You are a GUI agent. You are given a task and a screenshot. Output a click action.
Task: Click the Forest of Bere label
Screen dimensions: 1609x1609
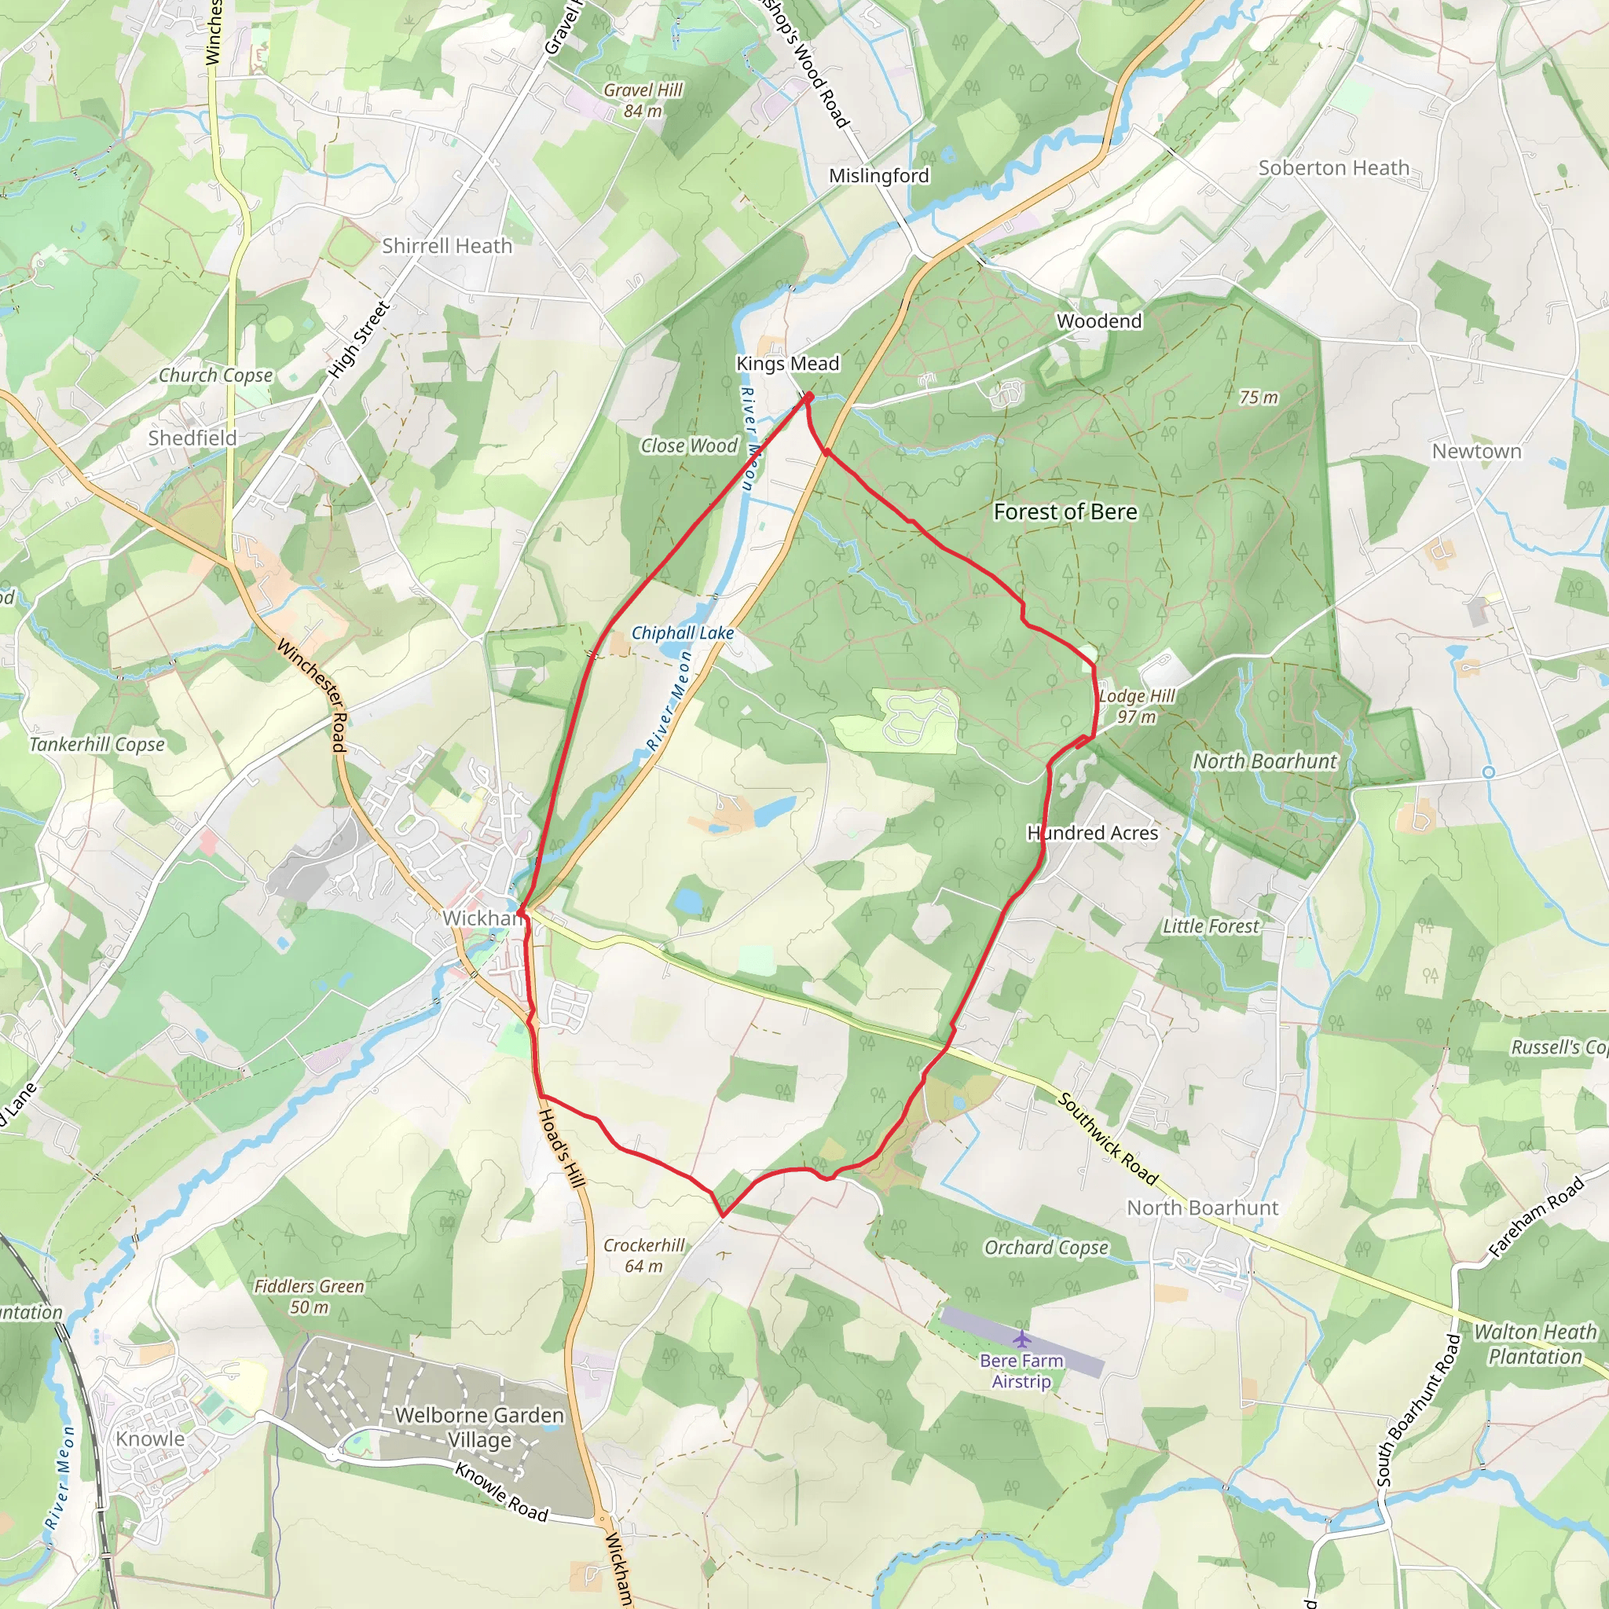1065,511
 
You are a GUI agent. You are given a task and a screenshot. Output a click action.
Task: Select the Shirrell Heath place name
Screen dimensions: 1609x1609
447,246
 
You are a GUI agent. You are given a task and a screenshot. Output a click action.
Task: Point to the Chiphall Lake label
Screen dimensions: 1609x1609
683,633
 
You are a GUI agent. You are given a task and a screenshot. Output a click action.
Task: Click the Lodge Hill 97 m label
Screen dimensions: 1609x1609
1137,706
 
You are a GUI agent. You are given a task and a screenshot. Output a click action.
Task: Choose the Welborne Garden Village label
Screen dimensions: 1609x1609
480,1428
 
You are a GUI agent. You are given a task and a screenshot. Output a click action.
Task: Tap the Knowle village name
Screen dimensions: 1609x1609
150,1439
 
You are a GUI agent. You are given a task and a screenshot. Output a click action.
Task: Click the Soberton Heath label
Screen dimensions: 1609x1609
1333,168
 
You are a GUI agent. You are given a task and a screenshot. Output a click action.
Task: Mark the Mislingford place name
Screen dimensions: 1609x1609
878,176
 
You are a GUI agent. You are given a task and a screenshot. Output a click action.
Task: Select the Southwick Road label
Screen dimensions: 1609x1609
1108,1138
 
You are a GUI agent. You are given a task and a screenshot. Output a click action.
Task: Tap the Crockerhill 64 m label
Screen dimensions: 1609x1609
643,1255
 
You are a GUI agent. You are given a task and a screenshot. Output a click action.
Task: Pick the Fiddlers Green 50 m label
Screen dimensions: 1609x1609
309,1296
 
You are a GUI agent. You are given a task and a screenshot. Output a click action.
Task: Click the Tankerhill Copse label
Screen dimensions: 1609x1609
97,745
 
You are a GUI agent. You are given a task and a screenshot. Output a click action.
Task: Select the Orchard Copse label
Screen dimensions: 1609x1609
1046,1247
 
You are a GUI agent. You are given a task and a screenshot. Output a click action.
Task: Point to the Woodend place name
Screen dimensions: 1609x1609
1099,321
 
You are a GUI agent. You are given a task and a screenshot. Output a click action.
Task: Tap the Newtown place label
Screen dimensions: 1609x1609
1476,452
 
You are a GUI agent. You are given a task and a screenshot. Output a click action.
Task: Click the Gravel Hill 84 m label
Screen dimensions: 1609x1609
643,100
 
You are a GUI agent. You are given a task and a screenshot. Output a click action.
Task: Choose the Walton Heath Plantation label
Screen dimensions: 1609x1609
1536,1344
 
